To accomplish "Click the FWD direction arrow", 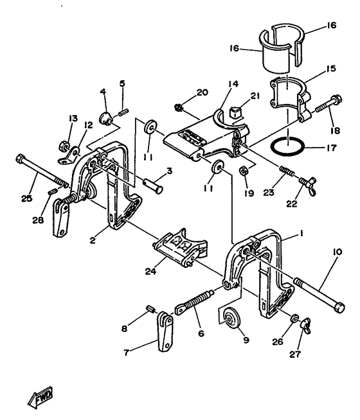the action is [x=40, y=397].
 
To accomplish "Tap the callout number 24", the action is [x=150, y=272].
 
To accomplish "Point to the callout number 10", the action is [x=337, y=252].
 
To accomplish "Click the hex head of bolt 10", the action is [x=339, y=307].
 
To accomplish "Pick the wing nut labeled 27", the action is [x=306, y=324].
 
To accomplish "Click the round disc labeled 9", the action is [x=232, y=317].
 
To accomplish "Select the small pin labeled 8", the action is [x=150, y=309].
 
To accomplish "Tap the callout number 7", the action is [x=126, y=353].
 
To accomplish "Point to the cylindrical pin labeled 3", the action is [x=153, y=185].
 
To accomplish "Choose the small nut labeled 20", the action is [x=179, y=108].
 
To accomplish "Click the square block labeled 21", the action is [x=235, y=112].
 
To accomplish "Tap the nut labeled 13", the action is [x=64, y=146].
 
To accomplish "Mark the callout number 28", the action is [x=38, y=220].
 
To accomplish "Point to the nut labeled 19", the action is [x=243, y=170].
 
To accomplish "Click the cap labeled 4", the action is [x=105, y=118].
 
